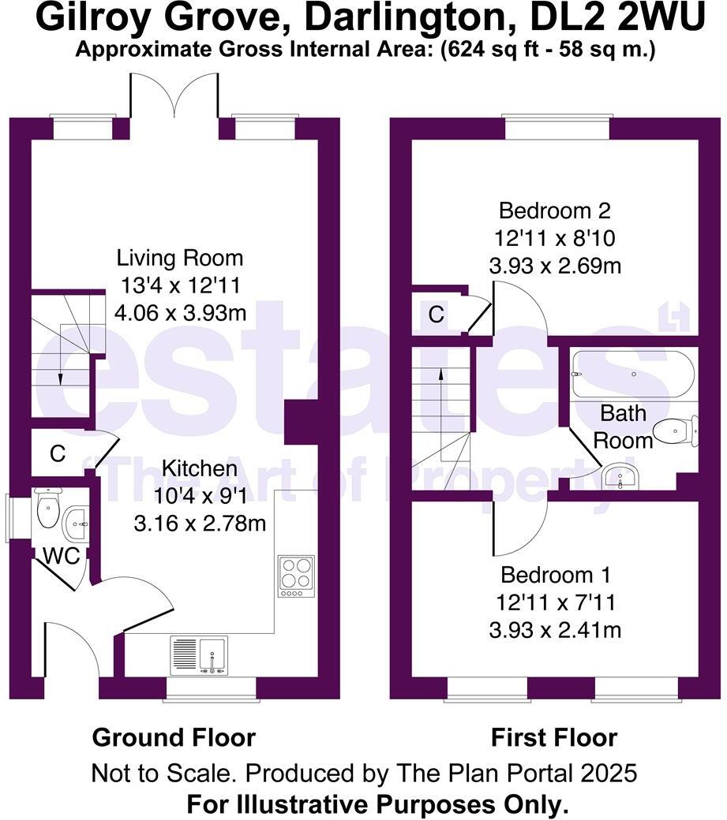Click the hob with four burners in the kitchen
(x=296, y=576)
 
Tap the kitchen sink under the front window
(x=199, y=655)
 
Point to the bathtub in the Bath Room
(x=633, y=374)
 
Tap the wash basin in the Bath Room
(x=624, y=476)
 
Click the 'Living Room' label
(x=180, y=258)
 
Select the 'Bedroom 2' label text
(x=555, y=211)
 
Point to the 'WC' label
(x=61, y=556)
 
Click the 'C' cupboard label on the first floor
(x=436, y=315)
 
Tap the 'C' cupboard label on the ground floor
(x=57, y=453)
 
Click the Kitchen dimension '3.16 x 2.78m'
(x=200, y=522)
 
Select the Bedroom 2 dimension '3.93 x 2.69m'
(x=555, y=266)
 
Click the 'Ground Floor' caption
(x=174, y=738)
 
